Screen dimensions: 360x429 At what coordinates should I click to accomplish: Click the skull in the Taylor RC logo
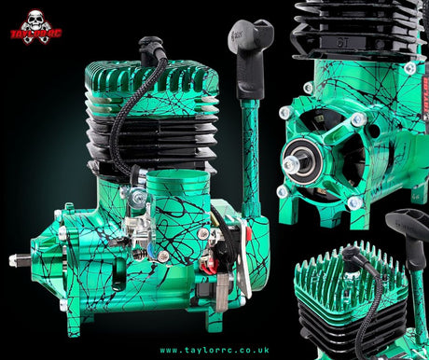(x=35, y=21)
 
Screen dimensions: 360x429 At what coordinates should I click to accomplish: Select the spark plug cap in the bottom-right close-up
(x=352, y=255)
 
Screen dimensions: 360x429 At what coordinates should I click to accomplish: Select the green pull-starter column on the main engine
(x=250, y=159)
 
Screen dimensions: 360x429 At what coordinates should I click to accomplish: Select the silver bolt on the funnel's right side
(x=203, y=233)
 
